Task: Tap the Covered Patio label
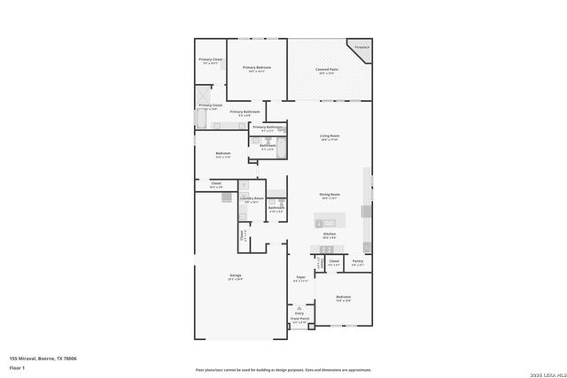pyautogui.click(x=325, y=71)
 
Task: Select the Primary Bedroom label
pyautogui.click(x=257, y=68)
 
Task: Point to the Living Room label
pyautogui.click(x=330, y=137)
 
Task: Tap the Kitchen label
pyautogui.click(x=329, y=235)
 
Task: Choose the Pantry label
pyautogui.click(x=358, y=262)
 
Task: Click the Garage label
pyautogui.click(x=237, y=277)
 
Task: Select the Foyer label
pyautogui.click(x=301, y=279)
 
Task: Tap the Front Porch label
pyautogui.click(x=300, y=321)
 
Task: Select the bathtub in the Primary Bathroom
pyautogui.click(x=201, y=119)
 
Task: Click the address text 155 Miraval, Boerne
pyautogui.click(x=43, y=358)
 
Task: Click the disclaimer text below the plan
pyautogui.click(x=283, y=369)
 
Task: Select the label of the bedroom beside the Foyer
pyautogui.click(x=343, y=298)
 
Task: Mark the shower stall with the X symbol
pyautogui.click(x=204, y=95)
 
